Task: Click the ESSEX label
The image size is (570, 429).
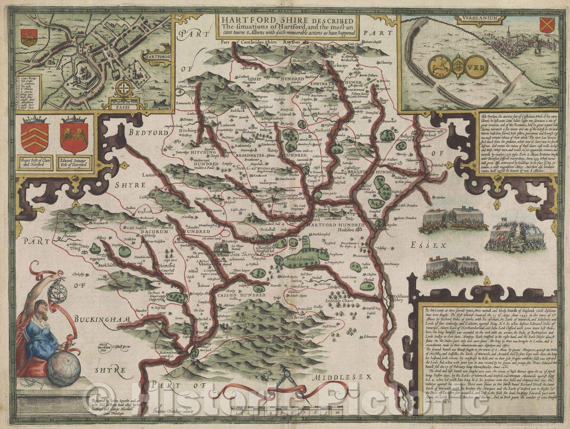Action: click(x=434, y=245)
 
